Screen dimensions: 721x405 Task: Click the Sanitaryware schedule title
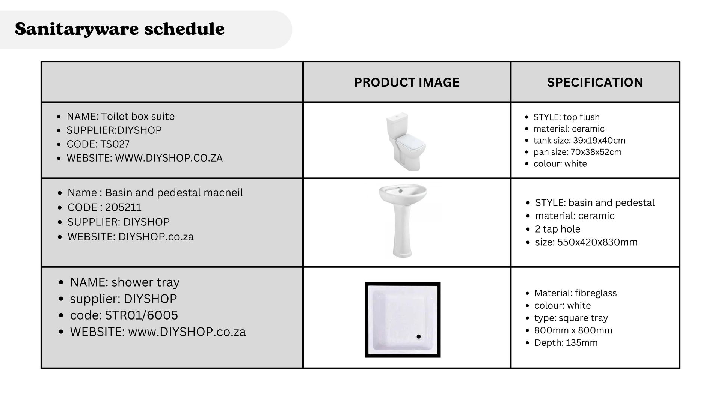pyautogui.click(x=119, y=29)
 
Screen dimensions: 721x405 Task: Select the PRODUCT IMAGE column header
pyautogui.click(x=407, y=82)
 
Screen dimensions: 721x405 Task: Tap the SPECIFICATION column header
pyautogui.click(x=595, y=82)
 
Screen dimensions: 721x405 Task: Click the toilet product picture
pyautogui.click(x=406, y=141)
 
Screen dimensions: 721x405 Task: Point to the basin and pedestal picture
pyautogui.click(x=403, y=221)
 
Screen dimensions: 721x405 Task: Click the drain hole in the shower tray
pyautogui.click(x=419, y=336)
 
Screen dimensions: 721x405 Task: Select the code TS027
pyautogui.click(x=115, y=144)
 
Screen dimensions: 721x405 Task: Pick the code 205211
pyautogui.click(x=123, y=207)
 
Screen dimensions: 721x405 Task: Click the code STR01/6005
pyautogui.click(x=141, y=315)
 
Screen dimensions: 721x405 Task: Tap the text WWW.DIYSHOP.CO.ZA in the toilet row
pyautogui.click(x=169, y=158)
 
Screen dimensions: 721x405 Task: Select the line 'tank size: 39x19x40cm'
pyautogui.click(x=579, y=141)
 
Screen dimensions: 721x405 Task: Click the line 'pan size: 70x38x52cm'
pyautogui.click(x=578, y=152)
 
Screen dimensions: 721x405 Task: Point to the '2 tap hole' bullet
pyautogui.click(x=558, y=229)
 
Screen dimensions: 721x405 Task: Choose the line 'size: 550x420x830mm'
pyautogui.click(x=586, y=242)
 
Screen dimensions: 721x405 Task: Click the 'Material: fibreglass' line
pyautogui.click(x=575, y=293)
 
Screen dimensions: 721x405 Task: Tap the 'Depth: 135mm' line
pyautogui.click(x=566, y=343)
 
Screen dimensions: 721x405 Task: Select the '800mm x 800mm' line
pyautogui.click(x=573, y=330)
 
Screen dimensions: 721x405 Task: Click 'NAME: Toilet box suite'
pyautogui.click(x=121, y=117)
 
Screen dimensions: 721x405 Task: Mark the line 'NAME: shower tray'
pyautogui.click(x=125, y=282)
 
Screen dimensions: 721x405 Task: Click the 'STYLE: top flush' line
pyautogui.click(x=567, y=117)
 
